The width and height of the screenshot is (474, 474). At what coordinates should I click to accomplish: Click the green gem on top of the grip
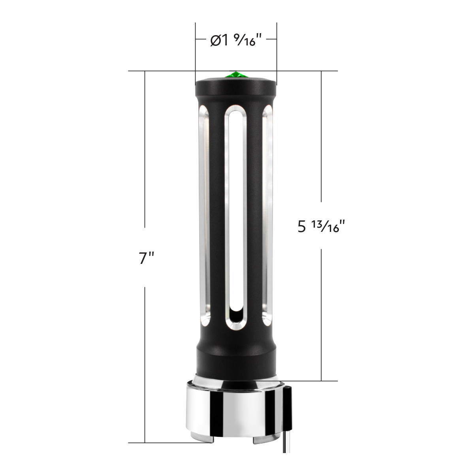tap(236, 75)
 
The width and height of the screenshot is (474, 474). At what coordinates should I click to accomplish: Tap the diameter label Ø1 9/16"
tap(236, 40)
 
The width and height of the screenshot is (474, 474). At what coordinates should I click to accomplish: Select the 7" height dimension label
tap(146, 258)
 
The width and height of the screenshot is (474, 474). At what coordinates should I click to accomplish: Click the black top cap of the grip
tap(236, 88)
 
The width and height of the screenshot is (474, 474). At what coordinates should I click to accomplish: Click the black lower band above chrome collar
tap(236, 361)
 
